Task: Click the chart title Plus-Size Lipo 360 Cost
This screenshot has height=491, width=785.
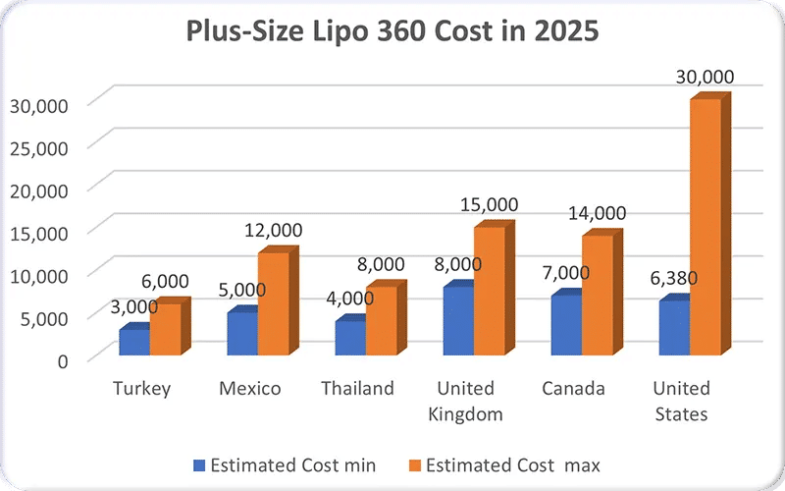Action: (x=392, y=31)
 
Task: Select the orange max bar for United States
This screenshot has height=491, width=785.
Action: (x=705, y=226)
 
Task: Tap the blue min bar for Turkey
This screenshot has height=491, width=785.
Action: (x=134, y=341)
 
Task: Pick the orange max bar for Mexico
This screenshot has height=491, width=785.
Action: (x=273, y=303)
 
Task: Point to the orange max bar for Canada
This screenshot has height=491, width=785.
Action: (x=597, y=295)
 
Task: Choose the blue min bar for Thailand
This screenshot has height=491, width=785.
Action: (x=350, y=337)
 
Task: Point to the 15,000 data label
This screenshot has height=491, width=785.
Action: (x=488, y=203)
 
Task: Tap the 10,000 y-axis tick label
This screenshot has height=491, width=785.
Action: (x=37, y=274)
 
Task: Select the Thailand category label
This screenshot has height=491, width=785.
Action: (x=357, y=389)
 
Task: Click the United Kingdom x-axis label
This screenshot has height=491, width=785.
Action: (x=465, y=401)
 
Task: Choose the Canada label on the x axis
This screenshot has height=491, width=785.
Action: (x=573, y=389)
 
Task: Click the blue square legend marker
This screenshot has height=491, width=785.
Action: (x=200, y=464)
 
